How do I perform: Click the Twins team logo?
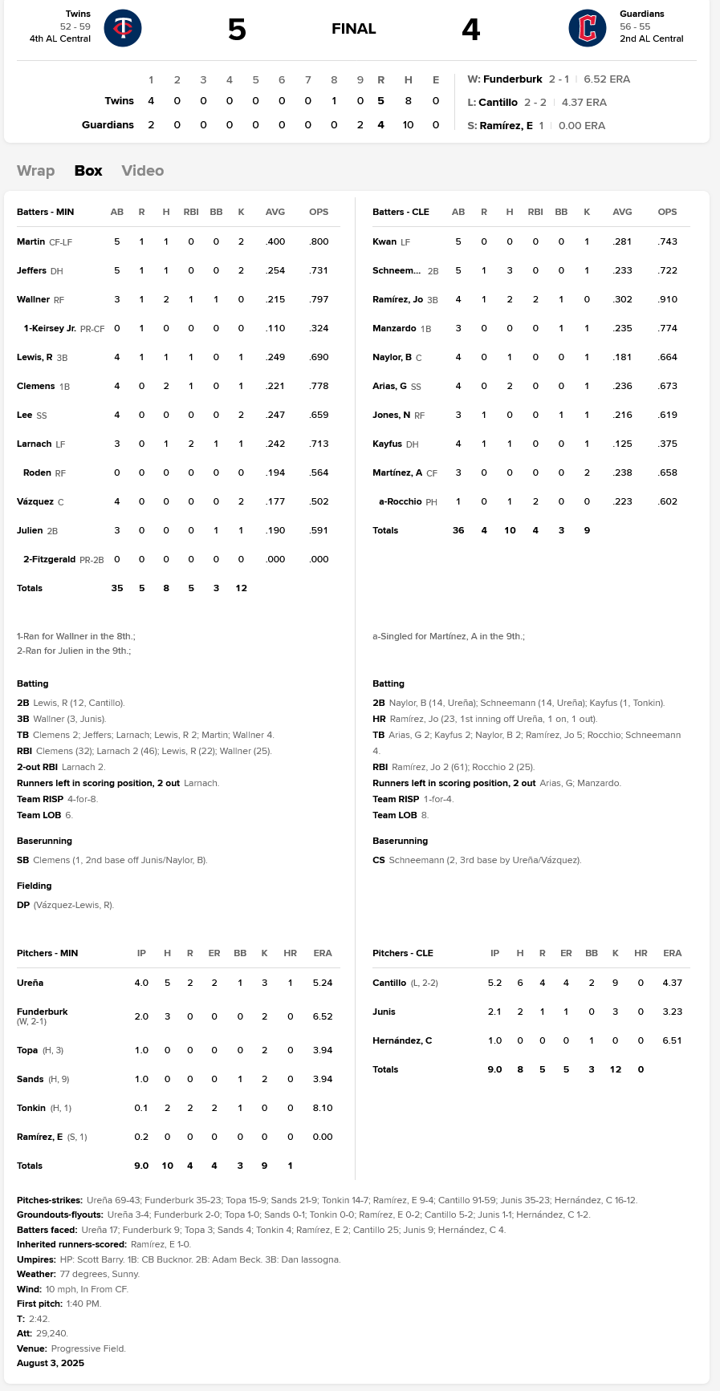[x=123, y=28]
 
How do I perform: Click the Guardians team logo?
[x=588, y=28]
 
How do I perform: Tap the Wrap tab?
[x=36, y=171]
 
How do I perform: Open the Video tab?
[x=143, y=171]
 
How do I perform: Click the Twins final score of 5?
[x=237, y=30]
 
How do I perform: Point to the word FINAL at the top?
[x=354, y=29]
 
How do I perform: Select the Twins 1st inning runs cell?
[x=151, y=101]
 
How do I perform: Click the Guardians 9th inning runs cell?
[x=360, y=125]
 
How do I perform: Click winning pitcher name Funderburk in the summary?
[x=513, y=79]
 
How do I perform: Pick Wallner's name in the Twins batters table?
[x=33, y=299]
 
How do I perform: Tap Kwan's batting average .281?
[x=622, y=241]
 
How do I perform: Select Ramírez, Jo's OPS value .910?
[x=667, y=299]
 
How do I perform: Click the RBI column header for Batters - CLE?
[x=535, y=213]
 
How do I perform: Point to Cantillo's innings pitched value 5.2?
[x=494, y=983]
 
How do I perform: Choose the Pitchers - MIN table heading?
[x=47, y=953]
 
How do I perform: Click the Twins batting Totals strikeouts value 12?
[x=241, y=588]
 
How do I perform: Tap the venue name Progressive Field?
[x=88, y=1348]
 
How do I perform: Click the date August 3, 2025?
[x=51, y=1363]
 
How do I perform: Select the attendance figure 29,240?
[x=52, y=1333]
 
